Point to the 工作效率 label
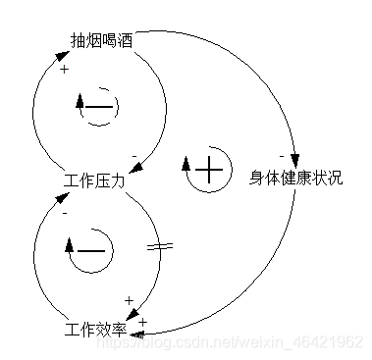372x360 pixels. (94, 328)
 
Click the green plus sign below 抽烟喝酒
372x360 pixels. (65, 69)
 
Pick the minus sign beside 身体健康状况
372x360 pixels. (282, 156)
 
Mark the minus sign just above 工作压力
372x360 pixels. (134, 156)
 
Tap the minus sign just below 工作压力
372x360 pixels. (65, 211)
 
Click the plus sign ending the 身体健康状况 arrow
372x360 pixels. (142, 322)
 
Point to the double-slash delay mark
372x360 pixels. (160, 246)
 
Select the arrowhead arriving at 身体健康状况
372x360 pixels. (292, 163)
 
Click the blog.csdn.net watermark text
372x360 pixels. (253, 341)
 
